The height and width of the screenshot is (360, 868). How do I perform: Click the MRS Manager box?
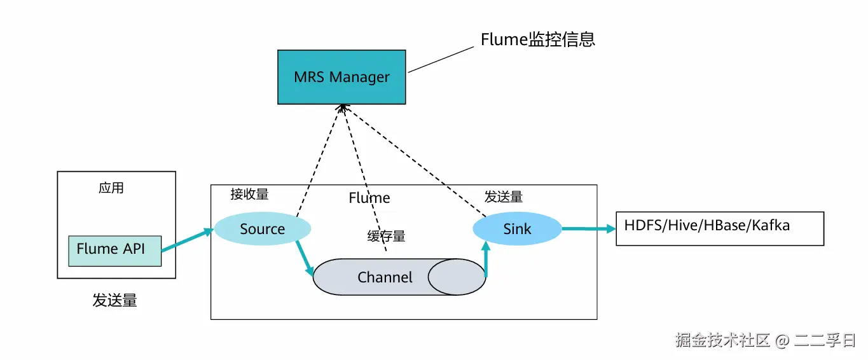[341, 77]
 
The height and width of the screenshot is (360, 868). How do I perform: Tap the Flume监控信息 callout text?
[537, 39]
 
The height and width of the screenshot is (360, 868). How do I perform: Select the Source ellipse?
[262, 229]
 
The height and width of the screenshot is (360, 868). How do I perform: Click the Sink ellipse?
[517, 229]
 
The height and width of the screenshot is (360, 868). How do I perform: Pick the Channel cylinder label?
[385, 277]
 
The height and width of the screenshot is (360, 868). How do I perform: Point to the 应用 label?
[111, 188]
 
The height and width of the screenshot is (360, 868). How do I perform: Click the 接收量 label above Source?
[249, 195]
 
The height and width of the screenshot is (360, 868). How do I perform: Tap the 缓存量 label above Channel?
[386, 237]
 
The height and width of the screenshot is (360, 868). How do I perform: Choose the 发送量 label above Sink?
[504, 197]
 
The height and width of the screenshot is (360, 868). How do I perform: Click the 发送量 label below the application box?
[114, 301]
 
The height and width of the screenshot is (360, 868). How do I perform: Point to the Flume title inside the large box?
[369, 198]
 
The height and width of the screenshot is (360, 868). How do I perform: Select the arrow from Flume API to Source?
[188, 241]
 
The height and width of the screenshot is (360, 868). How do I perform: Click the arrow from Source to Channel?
[304, 260]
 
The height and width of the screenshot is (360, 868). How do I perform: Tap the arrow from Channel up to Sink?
[486, 261]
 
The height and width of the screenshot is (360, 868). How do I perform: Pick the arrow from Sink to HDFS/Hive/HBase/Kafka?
[588, 229]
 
